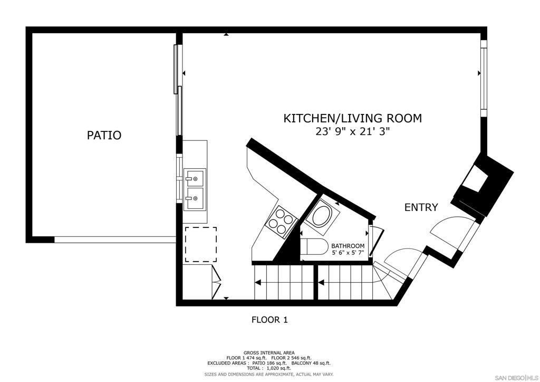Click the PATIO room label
coord(104,135)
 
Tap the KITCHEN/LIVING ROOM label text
coord(352,118)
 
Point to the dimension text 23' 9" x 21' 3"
coord(352,132)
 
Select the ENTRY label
coord(421,207)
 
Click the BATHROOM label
coord(348,246)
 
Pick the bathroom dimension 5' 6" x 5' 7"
coord(348,253)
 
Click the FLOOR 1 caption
coord(269,319)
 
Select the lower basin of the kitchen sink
coord(195,198)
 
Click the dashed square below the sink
coord(200,244)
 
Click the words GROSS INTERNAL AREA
coord(269,352)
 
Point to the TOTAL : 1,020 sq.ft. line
coord(269,368)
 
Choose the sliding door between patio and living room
coord(179,90)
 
